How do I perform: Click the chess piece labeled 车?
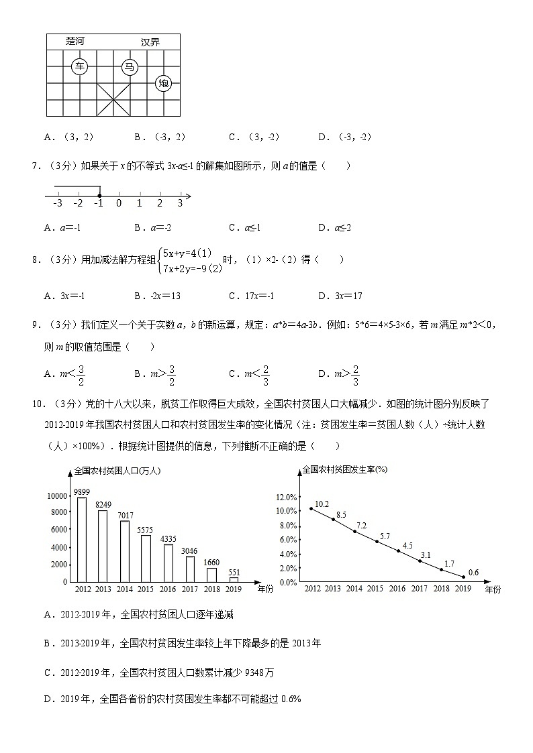tap(80, 66)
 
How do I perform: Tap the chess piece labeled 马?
tap(130, 66)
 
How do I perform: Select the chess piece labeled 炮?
tap(164, 83)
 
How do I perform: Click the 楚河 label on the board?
tap(75, 42)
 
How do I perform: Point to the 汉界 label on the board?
tap(150, 42)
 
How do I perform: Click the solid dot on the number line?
tap(99, 196)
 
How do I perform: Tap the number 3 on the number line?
tap(180, 203)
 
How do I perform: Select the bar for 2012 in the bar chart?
tap(83, 540)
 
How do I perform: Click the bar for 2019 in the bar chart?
tap(234, 579)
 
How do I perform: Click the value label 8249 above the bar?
tap(103, 504)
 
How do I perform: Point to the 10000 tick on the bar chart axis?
tap(57, 496)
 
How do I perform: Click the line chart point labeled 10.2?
tap(311, 508)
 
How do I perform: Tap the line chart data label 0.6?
tap(473, 572)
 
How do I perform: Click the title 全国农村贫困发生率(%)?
tap(344, 469)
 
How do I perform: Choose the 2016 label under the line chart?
tap(397, 589)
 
